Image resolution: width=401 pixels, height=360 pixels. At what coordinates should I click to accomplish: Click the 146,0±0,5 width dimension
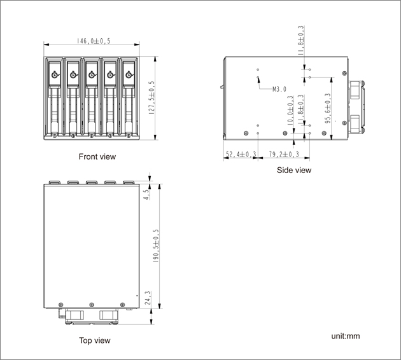(94, 41)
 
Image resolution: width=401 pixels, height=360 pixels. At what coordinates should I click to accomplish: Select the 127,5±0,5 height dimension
(151, 97)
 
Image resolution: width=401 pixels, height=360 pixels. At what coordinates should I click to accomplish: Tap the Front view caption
(97, 156)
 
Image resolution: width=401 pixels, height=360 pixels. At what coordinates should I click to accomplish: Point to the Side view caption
(294, 170)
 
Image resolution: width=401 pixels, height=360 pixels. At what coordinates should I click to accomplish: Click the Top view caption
(95, 340)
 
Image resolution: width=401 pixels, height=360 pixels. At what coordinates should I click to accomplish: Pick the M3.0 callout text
(279, 89)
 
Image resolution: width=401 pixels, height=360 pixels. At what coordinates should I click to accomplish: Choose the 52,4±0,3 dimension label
(241, 155)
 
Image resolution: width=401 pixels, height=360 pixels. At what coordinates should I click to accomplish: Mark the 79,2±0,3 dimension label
(284, 155)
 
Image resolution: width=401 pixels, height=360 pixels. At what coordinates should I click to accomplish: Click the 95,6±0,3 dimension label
(328, 108)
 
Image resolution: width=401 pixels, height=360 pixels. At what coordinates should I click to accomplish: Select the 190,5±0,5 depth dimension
(156, 246)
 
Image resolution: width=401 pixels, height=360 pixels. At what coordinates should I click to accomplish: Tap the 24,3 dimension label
(148, 298)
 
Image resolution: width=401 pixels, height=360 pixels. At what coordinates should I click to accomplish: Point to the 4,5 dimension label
(147, 195)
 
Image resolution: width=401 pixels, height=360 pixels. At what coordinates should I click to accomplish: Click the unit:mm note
(346, 336)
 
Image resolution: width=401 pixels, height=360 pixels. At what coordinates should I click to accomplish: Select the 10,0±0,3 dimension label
(290, 111)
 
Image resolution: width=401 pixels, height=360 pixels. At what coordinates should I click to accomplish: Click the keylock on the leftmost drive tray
(55, 75)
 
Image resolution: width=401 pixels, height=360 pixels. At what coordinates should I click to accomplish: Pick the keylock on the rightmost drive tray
(129, 75)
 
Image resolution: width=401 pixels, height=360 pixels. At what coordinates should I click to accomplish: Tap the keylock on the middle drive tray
(92, 75)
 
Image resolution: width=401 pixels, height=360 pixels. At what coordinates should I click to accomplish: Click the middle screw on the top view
(92, 305)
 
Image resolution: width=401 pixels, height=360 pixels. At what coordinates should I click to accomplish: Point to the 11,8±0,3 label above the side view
(301, 40)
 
